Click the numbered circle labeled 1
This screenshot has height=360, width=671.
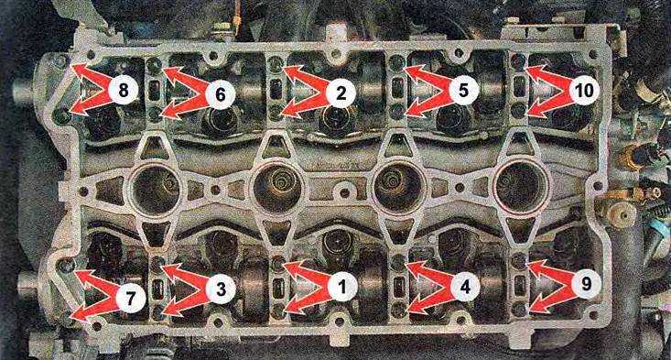pos(342,288)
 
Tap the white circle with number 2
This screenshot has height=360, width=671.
pos(341,93)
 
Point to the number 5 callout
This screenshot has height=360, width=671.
pos(463,92)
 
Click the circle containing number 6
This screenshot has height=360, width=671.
pos(220,94)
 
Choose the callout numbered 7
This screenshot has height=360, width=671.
pos(130,297)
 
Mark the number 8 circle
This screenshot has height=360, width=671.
pos(123,91)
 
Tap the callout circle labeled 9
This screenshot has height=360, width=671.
pos(586,283)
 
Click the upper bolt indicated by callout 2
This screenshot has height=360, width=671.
pos(276,64)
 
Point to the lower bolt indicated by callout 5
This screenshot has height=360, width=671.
pos(397,112)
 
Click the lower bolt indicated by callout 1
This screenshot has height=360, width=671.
pos(278,311)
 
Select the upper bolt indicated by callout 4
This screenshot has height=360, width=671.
pos(399,261)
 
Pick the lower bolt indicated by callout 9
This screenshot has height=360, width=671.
pos(520,309)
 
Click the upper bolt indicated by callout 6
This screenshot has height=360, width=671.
pos(154,65)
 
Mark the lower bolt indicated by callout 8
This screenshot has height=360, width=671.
pos(62,115)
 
